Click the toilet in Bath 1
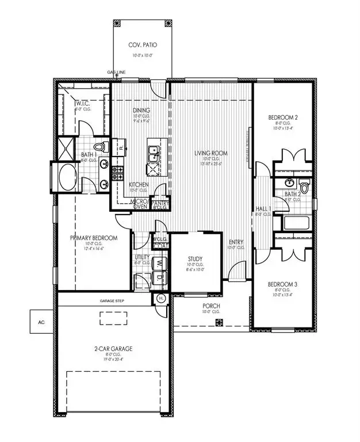[101, 147]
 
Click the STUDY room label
[196, 258]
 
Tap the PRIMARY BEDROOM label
[94, 238]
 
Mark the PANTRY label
[158, 202]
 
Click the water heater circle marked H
[160, 298]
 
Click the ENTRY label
[235, 242]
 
